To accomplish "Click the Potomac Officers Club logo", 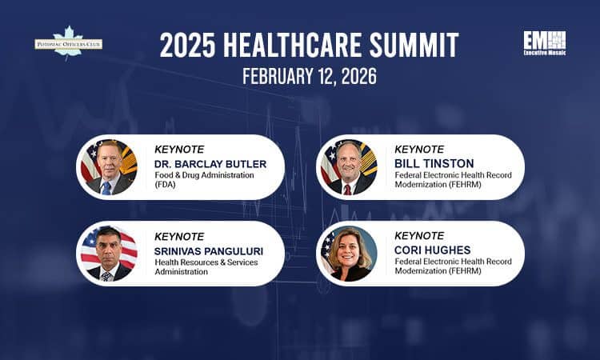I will tap(68, 43).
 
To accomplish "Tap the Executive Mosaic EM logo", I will tap(545, 43).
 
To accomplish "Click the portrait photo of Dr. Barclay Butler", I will tap(109, 167).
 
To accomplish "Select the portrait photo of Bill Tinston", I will tap(348, 167).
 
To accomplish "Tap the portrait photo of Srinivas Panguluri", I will tap(109, 254).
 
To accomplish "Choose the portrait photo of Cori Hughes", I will tap(348, 254).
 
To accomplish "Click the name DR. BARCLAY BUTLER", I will tap(210, 164).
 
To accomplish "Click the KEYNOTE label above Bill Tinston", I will tap(420, 149).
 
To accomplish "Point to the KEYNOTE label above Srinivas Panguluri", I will tap(179, 236).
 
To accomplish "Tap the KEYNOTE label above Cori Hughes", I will tap(420, 236).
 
